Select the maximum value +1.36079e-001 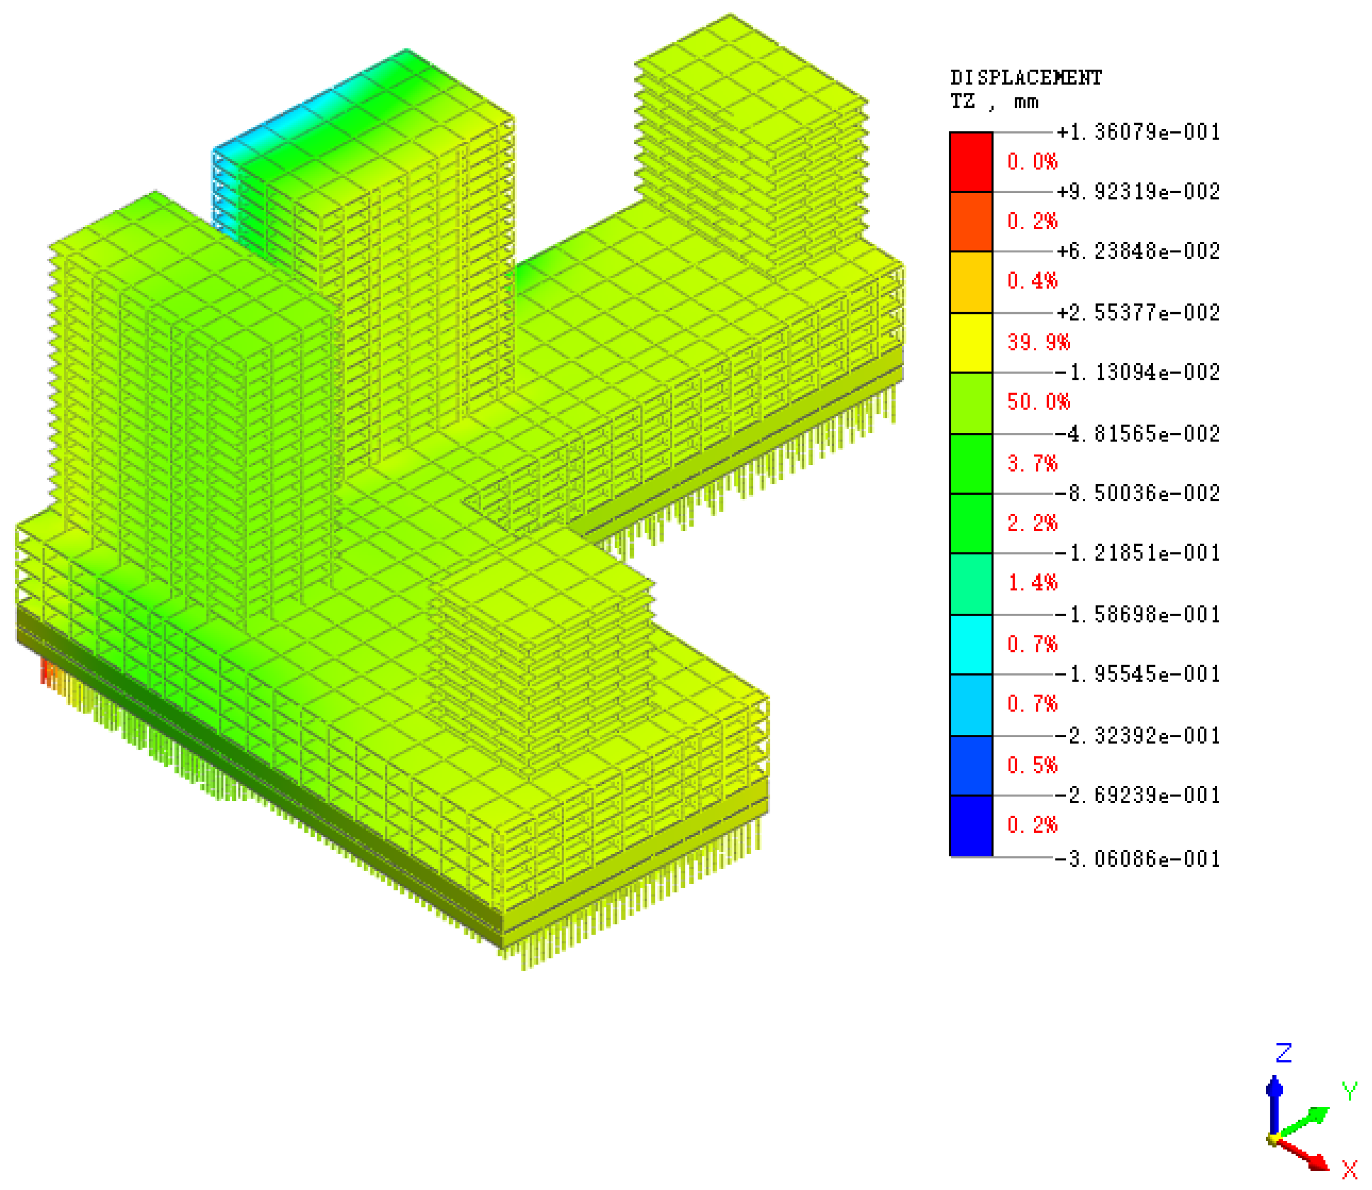[1138, 132]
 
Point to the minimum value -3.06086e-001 [1138, 859]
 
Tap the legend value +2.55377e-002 [1138, 313]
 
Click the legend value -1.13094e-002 [1138, 372]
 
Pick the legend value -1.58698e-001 [1138, 615]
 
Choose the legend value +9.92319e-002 [1138, 192]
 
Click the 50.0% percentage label [1039, 402]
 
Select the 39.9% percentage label [1039, 342]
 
